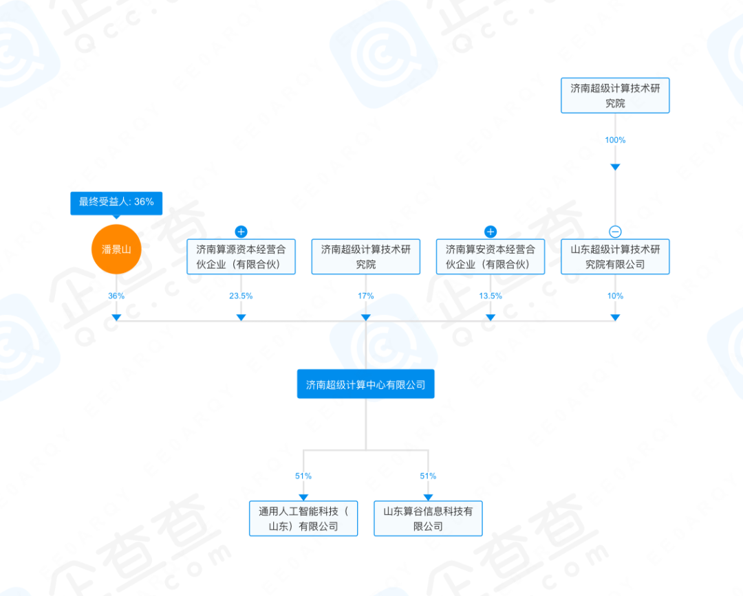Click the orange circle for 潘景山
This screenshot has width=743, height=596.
coord(116,250)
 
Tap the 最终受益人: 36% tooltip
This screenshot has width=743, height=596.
coord(116,202)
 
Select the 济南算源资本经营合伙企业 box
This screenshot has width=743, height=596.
coord(241,256)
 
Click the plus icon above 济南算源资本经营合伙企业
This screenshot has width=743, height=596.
coord(241,232)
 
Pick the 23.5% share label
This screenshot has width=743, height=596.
coord(241,296)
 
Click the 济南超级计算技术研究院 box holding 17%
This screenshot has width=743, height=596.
coord(366,256)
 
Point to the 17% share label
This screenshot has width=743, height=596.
coord(366,296)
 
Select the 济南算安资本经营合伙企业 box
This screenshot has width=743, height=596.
coord(491,256)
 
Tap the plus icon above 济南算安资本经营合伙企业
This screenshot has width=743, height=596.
coord(491,232)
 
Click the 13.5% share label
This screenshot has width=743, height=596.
coord(491,296)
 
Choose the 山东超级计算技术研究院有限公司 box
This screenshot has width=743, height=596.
coord(615,256)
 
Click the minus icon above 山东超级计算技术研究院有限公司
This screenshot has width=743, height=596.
coord(615,232)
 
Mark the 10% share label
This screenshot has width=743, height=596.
coord(615,296)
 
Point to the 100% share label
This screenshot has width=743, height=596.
coord(615,140)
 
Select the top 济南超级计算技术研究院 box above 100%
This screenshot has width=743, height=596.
coord(615,96)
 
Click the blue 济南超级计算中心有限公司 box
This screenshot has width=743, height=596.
coord(366,384)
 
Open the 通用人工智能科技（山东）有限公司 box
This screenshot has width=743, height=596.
coord(303,518)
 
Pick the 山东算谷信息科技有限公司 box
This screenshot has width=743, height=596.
coord(428,518)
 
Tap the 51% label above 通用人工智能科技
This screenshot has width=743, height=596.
coord(303,476)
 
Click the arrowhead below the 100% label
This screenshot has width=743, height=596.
coord(615,167)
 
